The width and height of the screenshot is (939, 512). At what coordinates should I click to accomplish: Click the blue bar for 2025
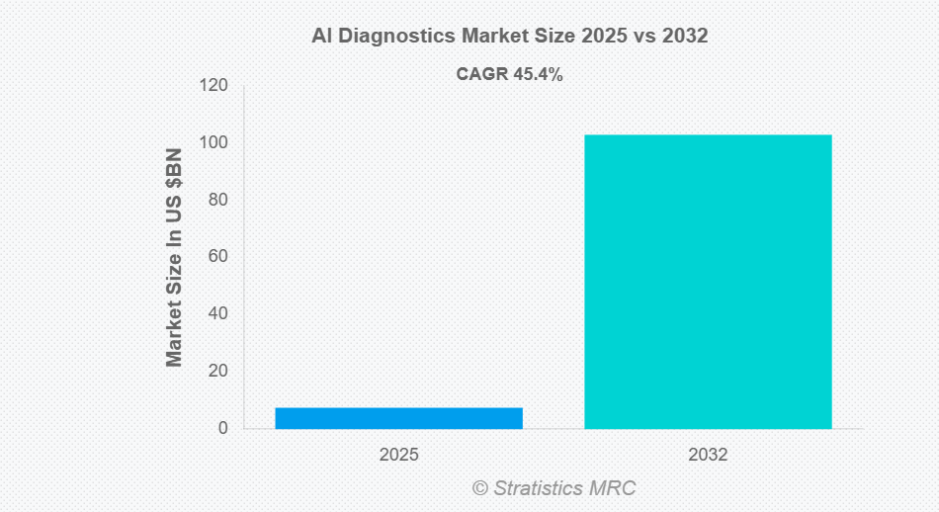pyautogui.click(x=398, y=418)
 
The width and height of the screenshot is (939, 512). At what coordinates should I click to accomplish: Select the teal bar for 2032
pyautogui.click(x=708, y=282)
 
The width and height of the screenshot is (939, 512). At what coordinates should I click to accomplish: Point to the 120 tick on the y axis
pyautogui.click(x=214, y=86)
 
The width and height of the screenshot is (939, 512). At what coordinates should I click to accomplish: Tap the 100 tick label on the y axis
pyautogui.click(x=214, y=143)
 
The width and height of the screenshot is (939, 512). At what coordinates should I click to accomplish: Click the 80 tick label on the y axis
pyautogui.click(x=218, y=200)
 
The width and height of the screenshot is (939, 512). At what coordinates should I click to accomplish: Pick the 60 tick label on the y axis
pyautogui.click(x=218, y=257)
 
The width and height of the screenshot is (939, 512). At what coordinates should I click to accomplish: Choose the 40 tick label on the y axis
pyautogui.click(x=218, y=314)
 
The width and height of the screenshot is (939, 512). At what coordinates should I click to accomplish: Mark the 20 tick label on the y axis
pyautogui.click(x=218, y=372)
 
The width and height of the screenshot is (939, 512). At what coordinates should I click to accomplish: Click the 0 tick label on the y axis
pyautogui.click(x=223, y=429)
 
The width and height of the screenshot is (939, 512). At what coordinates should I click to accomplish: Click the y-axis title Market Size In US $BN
pyautogui.click(x=175, y=257)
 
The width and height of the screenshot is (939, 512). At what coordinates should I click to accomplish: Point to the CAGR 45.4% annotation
pyautogui.click(x=509, y=74)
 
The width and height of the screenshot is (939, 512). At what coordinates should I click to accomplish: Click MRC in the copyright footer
pyautogui.click(x=615, y=488)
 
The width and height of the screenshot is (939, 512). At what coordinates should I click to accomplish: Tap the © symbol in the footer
pyautogui.click(x=479, y=488)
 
